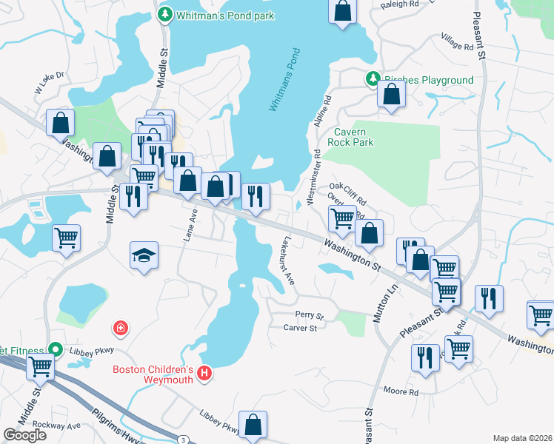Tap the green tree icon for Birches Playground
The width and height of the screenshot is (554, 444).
coord(373,78)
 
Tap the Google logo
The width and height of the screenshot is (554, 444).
coord(24,434)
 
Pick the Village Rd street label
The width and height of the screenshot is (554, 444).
coord(456,41)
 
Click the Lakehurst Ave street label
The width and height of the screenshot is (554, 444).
coord(287,263)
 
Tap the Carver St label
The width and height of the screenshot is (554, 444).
coord(301,328)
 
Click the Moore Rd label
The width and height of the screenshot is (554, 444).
coord(401,391)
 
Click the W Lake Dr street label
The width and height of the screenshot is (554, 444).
coord(50,82)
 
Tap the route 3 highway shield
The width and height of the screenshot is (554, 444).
coord(182,440)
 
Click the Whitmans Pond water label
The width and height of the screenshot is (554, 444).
coord(284,80)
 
